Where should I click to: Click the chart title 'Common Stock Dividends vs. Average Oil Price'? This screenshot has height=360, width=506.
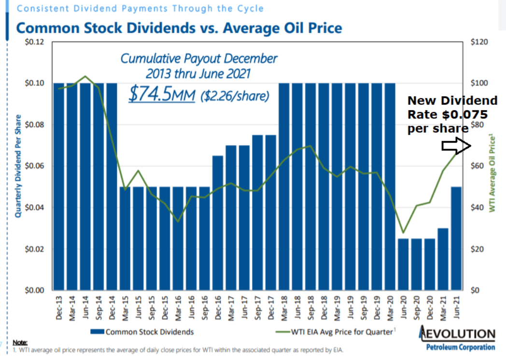(179, 28)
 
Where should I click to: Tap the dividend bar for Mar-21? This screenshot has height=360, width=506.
(443, 259)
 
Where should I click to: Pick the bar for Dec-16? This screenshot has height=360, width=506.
(218, 223)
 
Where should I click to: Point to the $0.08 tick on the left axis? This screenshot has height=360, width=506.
(35, 125)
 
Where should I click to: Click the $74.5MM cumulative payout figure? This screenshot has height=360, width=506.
(161, 94)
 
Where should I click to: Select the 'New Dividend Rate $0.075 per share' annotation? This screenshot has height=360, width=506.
(452, 115)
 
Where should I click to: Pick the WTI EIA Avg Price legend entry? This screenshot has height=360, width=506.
(338, 332)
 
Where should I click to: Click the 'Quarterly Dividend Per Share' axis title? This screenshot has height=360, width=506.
(18, 167)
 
